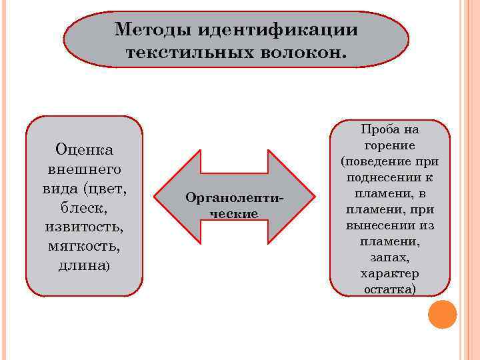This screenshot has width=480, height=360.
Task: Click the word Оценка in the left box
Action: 84,149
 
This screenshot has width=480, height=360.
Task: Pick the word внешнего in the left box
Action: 84,169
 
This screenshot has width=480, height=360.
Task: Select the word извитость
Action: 84,227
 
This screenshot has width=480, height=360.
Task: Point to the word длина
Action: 83,266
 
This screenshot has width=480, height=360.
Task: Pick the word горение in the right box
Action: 390,145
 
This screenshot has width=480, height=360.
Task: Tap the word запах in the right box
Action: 388,257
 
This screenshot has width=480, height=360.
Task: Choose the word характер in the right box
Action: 390,273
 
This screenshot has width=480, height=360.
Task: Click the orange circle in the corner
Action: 442,315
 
